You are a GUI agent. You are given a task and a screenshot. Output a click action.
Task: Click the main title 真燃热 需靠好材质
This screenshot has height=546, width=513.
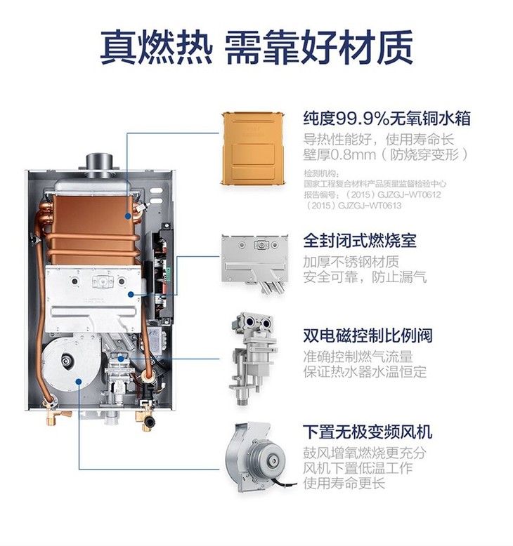[x=256, y=47]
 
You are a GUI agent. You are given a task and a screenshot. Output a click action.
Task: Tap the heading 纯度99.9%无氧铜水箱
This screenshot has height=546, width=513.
[x=387, y=119]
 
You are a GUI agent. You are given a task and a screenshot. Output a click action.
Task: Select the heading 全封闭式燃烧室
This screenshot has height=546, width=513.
[x=360, y=241]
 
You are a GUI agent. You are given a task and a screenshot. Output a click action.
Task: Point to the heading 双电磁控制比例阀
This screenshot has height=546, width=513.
[x=368, y=335]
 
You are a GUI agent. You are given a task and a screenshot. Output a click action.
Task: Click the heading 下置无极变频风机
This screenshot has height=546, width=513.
[x=368, y=432]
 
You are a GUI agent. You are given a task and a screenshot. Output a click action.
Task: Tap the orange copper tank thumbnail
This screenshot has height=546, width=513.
[x=254, y=147]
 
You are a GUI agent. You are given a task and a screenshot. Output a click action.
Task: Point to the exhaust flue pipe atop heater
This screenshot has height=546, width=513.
[x=99, y=163]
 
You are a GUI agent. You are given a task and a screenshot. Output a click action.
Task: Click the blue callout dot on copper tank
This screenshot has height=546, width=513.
[x=128, y=216]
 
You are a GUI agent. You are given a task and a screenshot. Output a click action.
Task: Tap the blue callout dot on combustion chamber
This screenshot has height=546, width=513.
[x=131, y=295]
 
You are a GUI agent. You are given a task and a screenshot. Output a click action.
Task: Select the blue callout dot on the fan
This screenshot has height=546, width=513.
[x=79, y=382]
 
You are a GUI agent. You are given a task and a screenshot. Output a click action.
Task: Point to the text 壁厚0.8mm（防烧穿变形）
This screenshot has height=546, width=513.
[x=385, y=154]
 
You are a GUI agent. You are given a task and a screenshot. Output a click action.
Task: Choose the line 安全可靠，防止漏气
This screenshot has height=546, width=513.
[x=365, y=277]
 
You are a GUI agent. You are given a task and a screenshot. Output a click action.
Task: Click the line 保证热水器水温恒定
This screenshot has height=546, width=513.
[x=365, y=372]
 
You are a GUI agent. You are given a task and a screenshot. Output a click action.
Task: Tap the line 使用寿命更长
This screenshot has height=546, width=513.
[x=344, y=484]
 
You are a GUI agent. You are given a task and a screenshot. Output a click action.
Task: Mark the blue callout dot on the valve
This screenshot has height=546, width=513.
[x=121, y=359]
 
